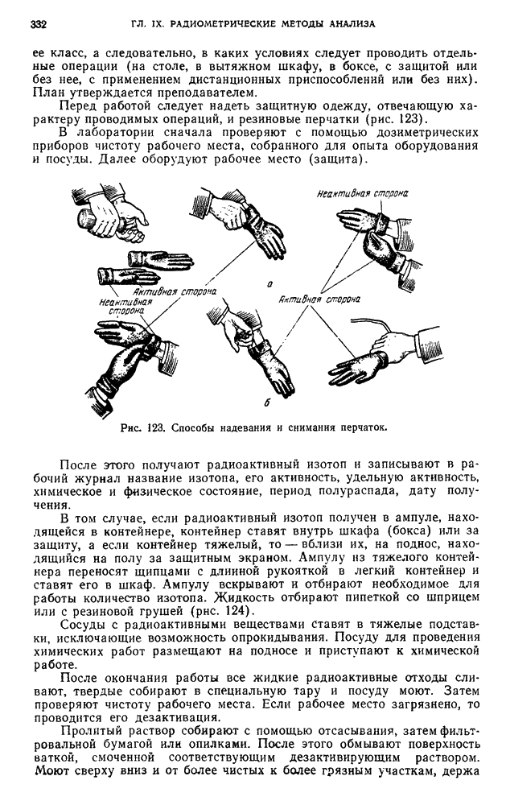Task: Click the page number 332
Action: tap(38, 24)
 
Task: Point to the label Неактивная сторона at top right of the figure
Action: tap(362, 194)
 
